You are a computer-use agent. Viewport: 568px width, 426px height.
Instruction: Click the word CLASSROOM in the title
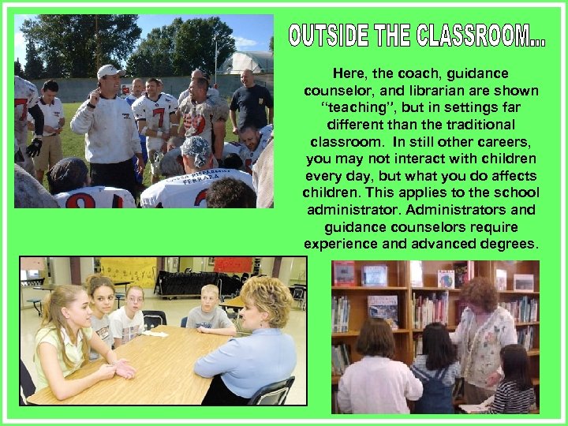(x=480, y=35)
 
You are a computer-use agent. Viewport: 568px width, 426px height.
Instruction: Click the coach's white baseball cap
(x=108, y=72)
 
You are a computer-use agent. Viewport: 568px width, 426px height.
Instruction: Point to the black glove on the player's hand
(x=33, y=146)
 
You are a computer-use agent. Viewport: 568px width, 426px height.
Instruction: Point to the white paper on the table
(x=155, y=334)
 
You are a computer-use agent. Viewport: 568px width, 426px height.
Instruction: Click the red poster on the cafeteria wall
(x=233, y=264)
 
